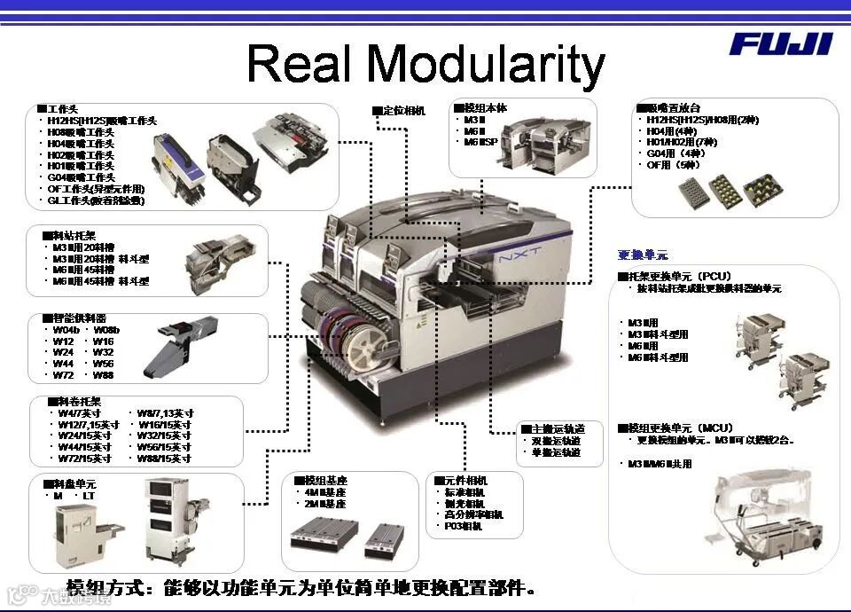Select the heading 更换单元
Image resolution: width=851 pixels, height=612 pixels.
coord(643,255)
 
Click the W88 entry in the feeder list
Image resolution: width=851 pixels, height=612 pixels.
coord(103,375)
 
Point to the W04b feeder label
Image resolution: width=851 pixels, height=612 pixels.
coord(66,330)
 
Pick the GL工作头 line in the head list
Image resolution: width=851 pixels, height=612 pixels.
coord(95,200)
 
